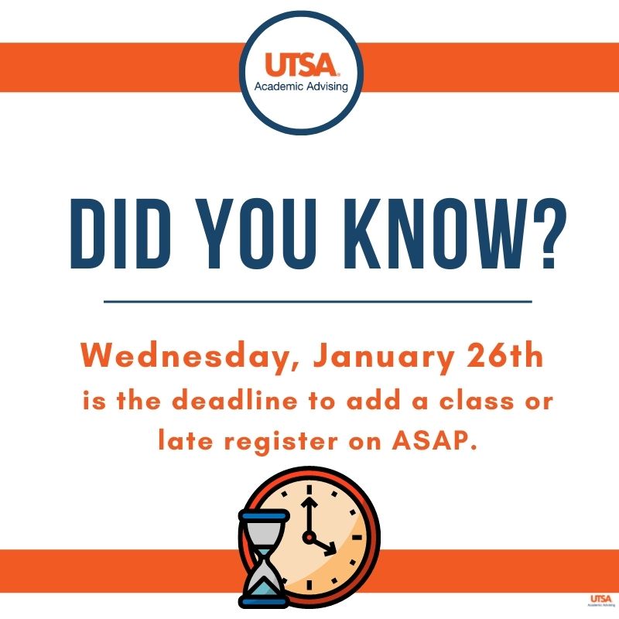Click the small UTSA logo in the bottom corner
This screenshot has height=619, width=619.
[600, 601]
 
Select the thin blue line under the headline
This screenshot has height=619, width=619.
[317, 300]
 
